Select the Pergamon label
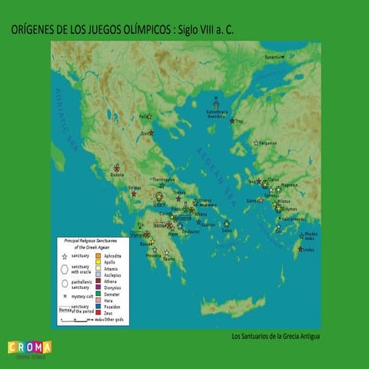(x=268, y=143)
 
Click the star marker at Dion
(x=151, y=132)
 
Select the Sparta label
(x=168, y=259)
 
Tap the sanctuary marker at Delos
(x=226, y=224)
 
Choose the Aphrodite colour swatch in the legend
(x=98, y=254)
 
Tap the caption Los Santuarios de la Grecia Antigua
(x=275, y=336)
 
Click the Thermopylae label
(x=164, y=179)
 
